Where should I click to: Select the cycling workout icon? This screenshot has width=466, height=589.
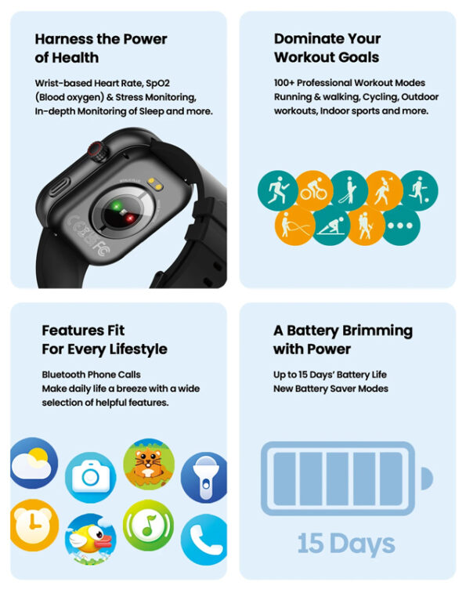coord(314,190)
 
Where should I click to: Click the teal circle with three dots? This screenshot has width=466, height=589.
coord(400,226)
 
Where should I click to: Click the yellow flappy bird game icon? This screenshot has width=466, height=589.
coord(90,540)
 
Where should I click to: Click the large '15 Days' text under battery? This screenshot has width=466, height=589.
coord(346,543)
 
